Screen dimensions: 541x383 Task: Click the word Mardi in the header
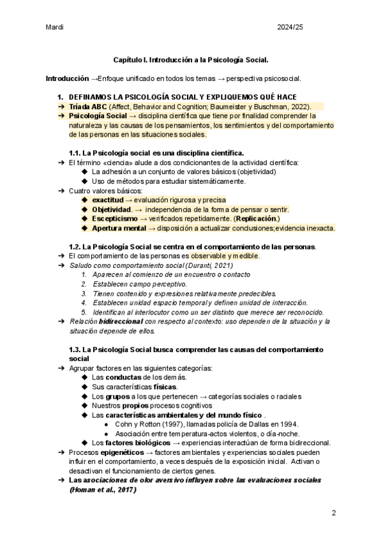point(55,27)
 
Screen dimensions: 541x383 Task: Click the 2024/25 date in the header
point(317,27)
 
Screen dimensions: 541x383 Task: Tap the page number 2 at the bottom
point(333,513)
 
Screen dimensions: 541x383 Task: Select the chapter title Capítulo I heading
point(191,59)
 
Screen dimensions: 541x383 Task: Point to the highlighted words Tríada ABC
point(88,107)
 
